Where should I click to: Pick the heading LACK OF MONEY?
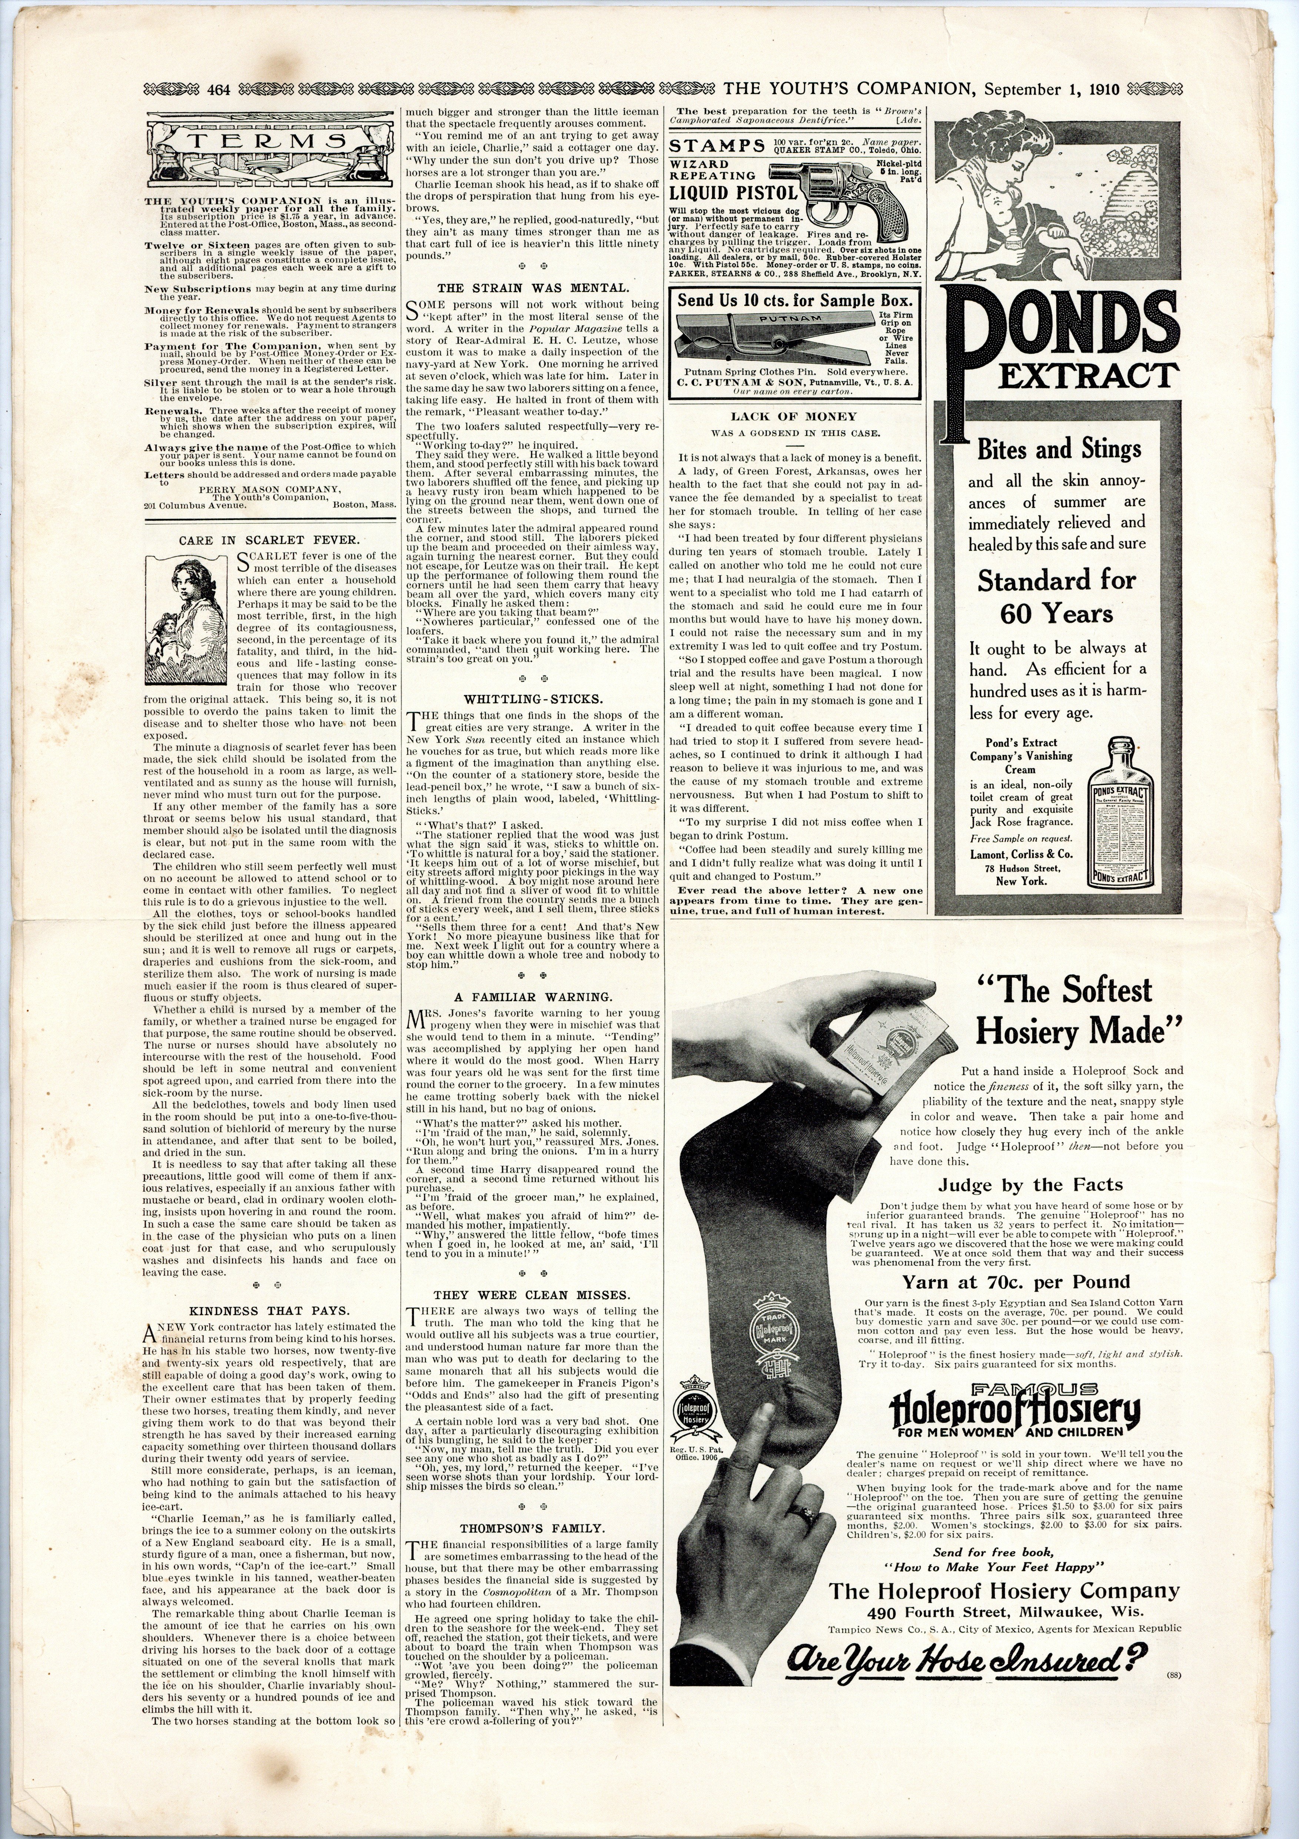click(x=793, y=417)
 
